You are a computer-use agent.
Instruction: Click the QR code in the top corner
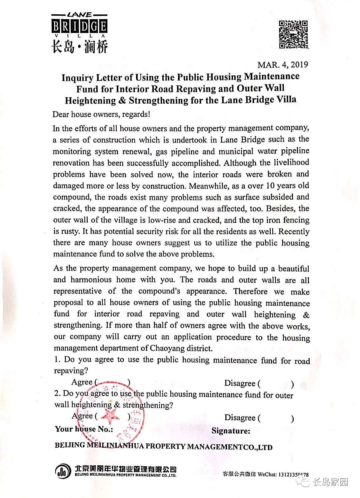point(293,34)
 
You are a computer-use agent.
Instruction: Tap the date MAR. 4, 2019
point(283,65)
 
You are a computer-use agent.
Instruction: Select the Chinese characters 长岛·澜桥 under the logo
point(80,46)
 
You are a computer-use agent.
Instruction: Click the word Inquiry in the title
point(77,78)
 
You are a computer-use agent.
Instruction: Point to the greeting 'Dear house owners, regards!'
point(101,114)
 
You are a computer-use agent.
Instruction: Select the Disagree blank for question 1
point(277,384)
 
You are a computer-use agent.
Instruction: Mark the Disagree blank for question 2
point(277,418)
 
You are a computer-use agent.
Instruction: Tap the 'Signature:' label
point(231,431)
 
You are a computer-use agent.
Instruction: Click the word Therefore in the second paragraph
point(250,291)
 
